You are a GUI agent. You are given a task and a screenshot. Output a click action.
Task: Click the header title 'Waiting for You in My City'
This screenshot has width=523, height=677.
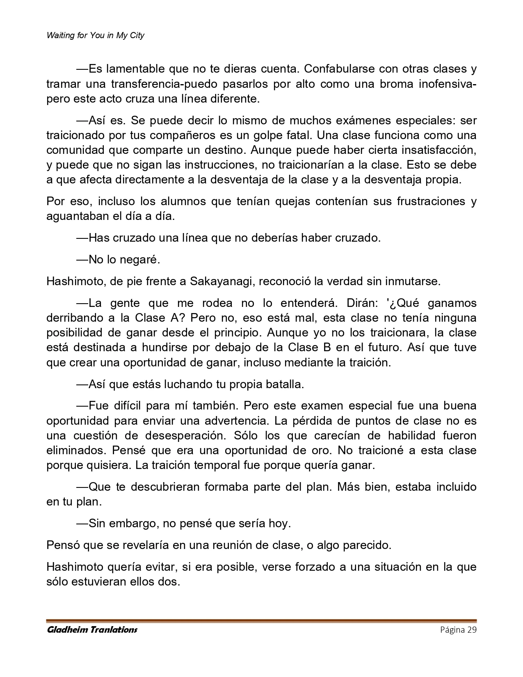(96, 35)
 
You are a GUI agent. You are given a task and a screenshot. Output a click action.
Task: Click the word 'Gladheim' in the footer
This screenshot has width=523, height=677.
(66, 630)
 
